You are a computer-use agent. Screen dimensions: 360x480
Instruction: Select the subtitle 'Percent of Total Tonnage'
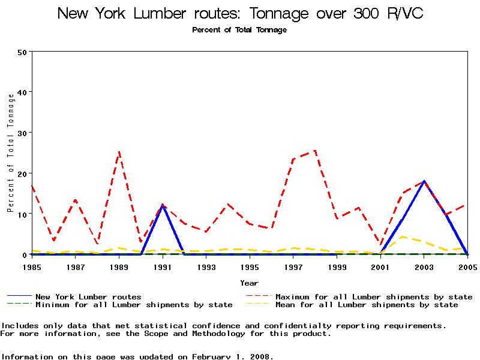pos(239,30)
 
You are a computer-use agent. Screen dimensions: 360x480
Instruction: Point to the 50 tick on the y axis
pos(23,52)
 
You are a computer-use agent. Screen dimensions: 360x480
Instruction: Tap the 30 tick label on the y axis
pos(23,133)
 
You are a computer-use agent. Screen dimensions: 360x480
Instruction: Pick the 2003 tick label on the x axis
pos(424,266)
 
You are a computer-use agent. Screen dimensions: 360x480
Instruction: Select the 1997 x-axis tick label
pos(293,266)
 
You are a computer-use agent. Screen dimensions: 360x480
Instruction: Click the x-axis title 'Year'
pos(249,283)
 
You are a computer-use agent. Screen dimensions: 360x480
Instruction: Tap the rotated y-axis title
pos(10,153)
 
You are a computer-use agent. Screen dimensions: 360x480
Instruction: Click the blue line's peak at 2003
pos(424,181)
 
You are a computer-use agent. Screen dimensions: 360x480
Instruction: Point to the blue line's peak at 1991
pos(163,205)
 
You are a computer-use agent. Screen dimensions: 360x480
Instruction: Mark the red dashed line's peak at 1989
pos(119,152)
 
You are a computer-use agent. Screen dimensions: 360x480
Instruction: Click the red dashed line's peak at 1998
pos(315,150)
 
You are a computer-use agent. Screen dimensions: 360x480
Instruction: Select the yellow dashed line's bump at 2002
pos(402,236)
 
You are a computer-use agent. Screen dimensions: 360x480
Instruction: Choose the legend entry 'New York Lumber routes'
pos(88,296)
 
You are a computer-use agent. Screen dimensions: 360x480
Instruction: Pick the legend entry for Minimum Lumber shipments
pos(134,305)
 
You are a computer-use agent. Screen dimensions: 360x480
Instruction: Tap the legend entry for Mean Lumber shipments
pos(366,305)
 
